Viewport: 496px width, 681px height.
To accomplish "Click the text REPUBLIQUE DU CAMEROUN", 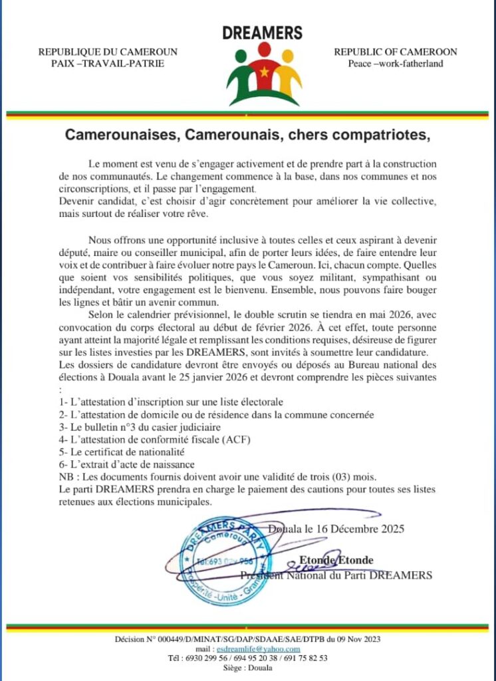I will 108,52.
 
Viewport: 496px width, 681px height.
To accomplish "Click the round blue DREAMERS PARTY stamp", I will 220,560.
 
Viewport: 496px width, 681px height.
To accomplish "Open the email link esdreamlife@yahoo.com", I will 266,648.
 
